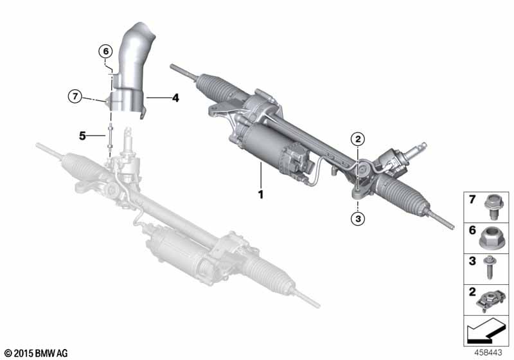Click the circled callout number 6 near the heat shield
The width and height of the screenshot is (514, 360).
tap(105, 51)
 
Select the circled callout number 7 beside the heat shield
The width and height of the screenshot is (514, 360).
tap(76, 97)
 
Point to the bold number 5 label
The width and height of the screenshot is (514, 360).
tap(82, 136)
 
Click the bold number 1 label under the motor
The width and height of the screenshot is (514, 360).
tap(261, 193)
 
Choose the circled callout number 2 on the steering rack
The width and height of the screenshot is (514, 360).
tap(358, 138)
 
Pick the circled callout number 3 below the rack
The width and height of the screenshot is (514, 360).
tap(358, 219)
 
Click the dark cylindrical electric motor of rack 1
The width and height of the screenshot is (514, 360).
tap(270, 148)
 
